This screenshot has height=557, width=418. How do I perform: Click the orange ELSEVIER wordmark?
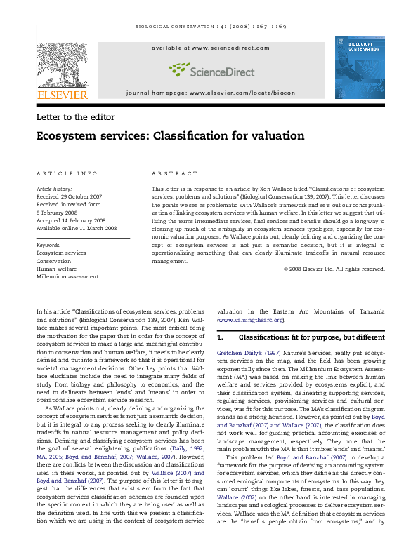(62, 95)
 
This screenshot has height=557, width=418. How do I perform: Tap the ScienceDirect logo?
(210, 69)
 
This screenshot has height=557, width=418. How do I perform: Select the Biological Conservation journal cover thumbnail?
(359, 67)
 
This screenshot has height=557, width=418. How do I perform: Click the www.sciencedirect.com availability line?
(210, 48)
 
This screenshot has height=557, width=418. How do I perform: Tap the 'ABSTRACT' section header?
(169, 173)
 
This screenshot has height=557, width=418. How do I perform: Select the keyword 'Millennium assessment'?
(67, 276)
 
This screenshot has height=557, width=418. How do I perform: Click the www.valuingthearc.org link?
(251, 320)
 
